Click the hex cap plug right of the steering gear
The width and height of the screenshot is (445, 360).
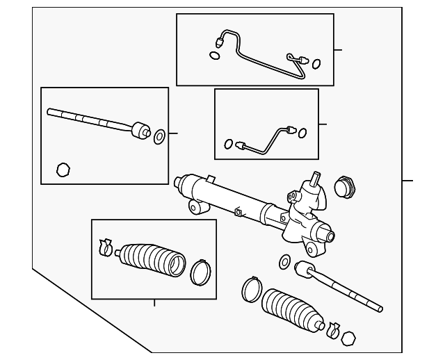coord(344,188)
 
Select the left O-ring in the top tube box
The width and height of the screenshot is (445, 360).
coord(214,55)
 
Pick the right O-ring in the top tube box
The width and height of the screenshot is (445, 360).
coord(316,64)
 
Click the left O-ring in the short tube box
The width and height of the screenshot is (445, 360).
coord(229,145)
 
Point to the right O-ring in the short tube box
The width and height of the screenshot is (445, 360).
coord(303,132)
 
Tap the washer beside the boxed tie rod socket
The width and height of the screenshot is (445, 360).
coord(159,136)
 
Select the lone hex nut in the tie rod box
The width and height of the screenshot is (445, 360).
coord(63,169)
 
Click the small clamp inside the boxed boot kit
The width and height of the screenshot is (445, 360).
coord(105,245)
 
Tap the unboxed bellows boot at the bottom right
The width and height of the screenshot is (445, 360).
coord(292,309)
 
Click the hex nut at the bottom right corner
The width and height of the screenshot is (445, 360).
coord(350,338)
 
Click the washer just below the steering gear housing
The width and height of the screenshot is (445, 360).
coord(284,261)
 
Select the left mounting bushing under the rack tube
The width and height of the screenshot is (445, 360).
coord(195,206)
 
